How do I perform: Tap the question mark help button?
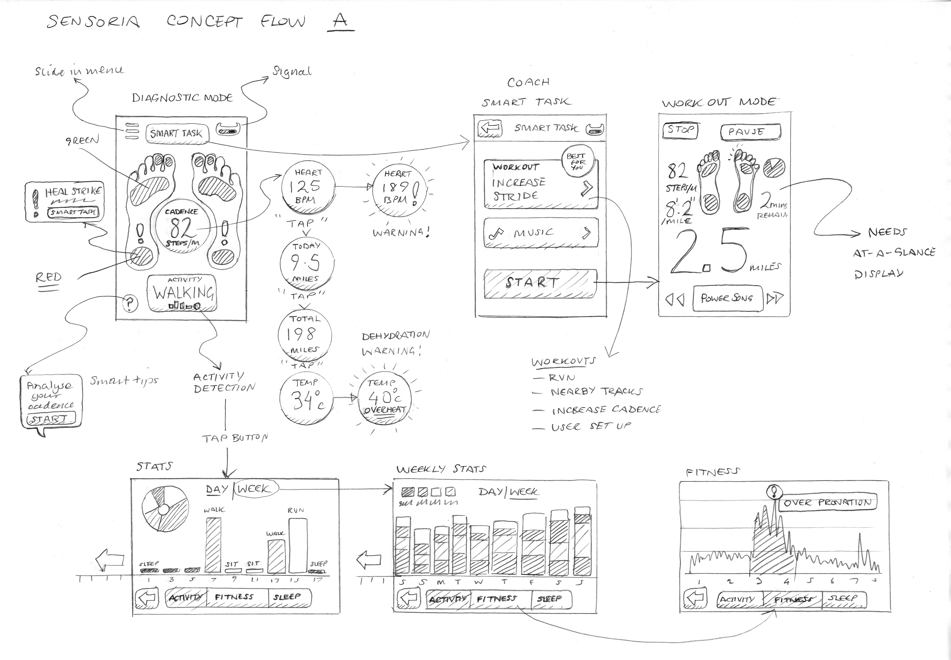[x=130, y=304]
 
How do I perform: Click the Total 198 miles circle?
[x=305, y=334]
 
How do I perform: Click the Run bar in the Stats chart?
[x=298, y=545]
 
